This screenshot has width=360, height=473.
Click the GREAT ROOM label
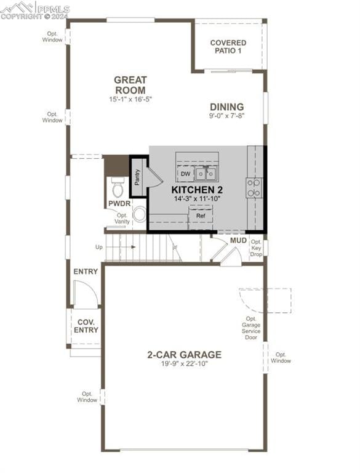[x=130, y=85]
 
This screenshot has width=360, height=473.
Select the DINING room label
[x=226, y=107]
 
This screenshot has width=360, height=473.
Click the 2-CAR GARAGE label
[x=184, y=354]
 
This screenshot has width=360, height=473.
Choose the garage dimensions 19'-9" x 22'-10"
[x=184, y=364]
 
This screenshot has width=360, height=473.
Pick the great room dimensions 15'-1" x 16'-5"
[x=130, y=99]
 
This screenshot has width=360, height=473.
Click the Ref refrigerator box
[x=201, y=216]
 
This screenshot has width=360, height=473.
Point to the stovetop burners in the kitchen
[x=254, y=187]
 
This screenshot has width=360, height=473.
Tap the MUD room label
[x=239, y=240]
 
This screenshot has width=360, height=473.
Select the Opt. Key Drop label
[x=257, y=248]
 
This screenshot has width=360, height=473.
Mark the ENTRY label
[x=86, y=272]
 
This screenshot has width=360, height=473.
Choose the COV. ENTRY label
[x=87, y=326]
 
